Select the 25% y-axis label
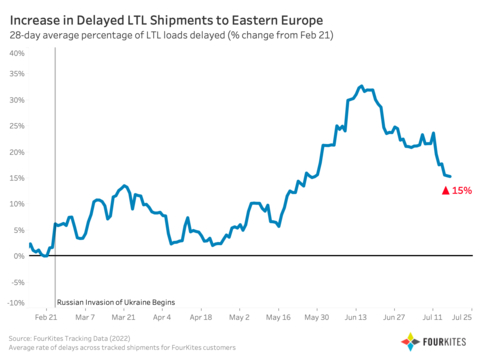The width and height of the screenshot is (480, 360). coord(16,127)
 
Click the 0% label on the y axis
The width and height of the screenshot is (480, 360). coord(19,256)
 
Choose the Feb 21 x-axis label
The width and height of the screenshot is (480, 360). coord(46,316)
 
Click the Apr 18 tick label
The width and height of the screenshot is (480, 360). coord(200,316)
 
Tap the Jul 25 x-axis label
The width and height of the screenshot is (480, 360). coord(462,316)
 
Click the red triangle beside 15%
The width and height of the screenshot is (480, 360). coord(445,190)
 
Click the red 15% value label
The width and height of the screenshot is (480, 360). coord(461,190)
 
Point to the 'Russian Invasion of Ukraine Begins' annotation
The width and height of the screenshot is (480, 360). coord(116,301)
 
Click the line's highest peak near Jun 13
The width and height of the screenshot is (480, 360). coord(360,86)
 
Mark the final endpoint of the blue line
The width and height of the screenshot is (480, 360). coord(450,177)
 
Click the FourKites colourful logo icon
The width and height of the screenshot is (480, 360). coord(410,342)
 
